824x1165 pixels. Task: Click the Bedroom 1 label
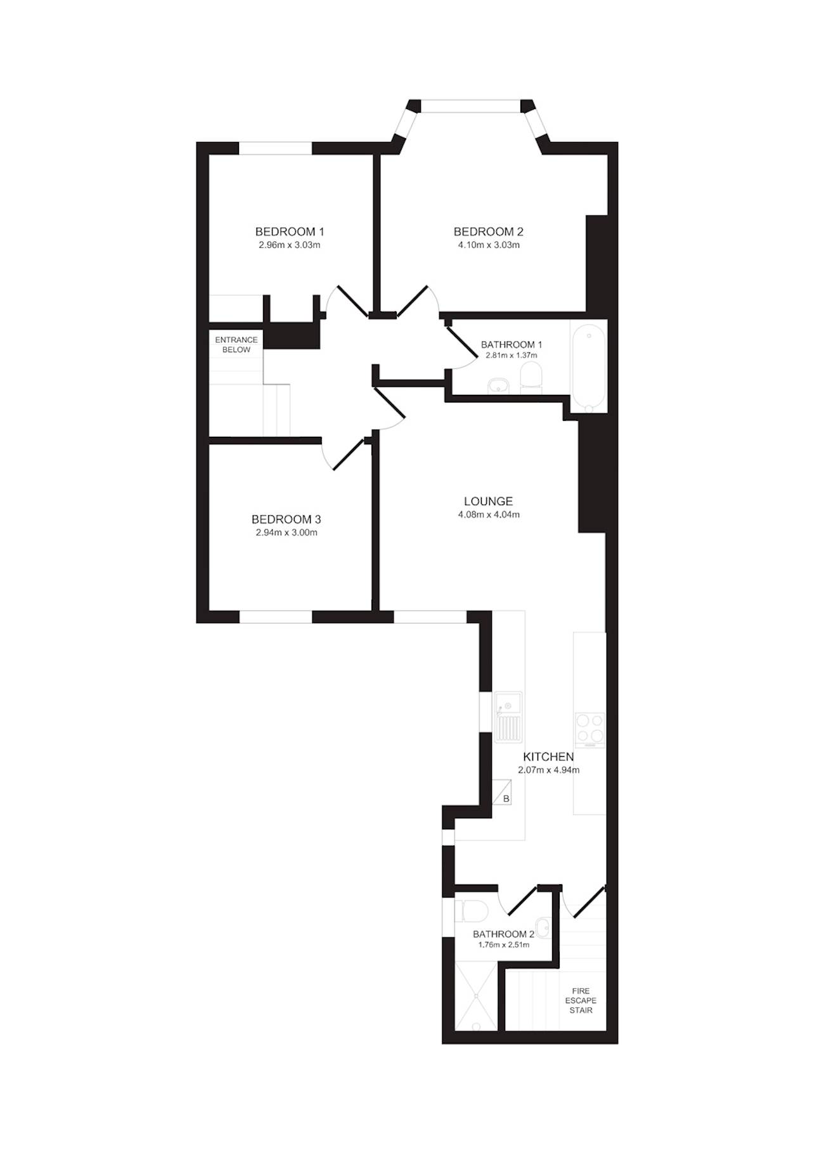[x=290, y=231]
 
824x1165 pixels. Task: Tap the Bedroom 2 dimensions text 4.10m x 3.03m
[x=489, y=245]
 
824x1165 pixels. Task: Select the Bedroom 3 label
[x=286, y=519]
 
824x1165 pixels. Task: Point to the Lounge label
[x=488, y=501]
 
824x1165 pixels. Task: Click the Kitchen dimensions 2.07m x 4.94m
[x=549, y=770]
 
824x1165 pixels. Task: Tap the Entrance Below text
[x=236, y=345]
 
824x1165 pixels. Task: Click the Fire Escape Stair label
[x=581, y=1000]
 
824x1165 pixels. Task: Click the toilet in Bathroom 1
[x=531, y=378]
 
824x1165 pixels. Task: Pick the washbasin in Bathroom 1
[x=499, y=385]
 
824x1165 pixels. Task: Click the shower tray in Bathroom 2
[x=473, y=995]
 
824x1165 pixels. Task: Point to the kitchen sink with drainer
[x=508, y=716]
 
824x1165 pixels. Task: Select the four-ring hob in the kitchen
[x=589, y=729]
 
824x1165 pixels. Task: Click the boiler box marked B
[x=502, y=792]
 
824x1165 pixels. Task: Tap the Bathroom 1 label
[x=512, y=345]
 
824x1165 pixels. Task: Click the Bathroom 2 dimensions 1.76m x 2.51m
[x=504, y=944]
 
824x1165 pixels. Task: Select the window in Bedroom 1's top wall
[x=276, y=148]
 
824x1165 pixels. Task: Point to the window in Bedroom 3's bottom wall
[x=276, y=617]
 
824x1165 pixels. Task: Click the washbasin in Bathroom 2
[x=543, y=926]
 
